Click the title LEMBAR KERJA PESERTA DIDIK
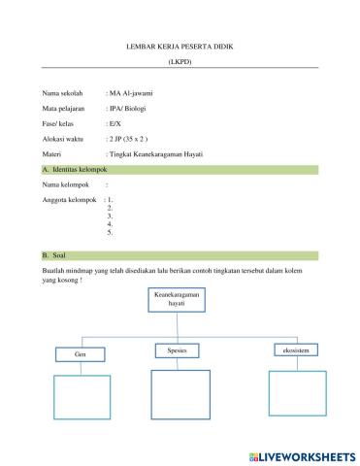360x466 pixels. pos(180,46)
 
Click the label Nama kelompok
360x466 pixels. pos(54,183)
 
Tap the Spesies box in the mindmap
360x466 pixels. pos(180,349)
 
